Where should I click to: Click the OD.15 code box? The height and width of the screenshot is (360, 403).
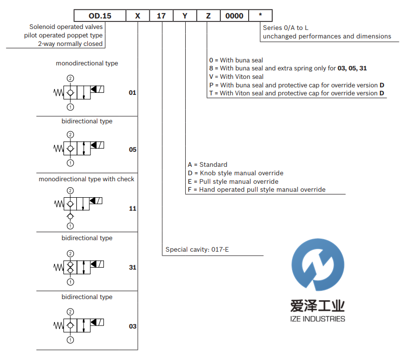tap(99, 16)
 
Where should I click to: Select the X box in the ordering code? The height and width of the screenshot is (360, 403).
tap(137, 16)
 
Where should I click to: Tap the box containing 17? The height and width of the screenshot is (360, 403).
tap(161, 16)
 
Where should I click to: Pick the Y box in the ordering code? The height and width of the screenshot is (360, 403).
tap(185, 16)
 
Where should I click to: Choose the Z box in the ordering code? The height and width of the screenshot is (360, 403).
tap(208, 16)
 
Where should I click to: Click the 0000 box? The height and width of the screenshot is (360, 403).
tap(234, 16)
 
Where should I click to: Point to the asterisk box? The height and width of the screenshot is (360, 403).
tap(260, 16)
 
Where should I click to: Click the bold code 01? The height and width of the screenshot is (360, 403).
tap(132, 93)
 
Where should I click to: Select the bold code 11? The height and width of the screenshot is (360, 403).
tap(132, 209)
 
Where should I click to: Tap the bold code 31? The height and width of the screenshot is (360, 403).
tap(132, 268)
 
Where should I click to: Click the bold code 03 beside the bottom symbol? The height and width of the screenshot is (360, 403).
tap(132, 327)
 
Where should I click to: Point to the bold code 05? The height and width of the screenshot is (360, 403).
tap(132, 150)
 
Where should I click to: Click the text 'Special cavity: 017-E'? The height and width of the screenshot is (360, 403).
tap(197, 249)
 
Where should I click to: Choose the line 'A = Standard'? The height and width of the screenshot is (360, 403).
tap(207, 165)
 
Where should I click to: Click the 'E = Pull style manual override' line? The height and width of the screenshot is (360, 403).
tap(233, 182)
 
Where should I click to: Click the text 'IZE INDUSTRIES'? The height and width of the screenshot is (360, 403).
tap(318, 319)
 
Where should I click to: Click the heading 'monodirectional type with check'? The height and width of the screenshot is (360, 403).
tap(86, 179)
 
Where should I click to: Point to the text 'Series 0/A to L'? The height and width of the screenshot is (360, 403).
tap(286, 28)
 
